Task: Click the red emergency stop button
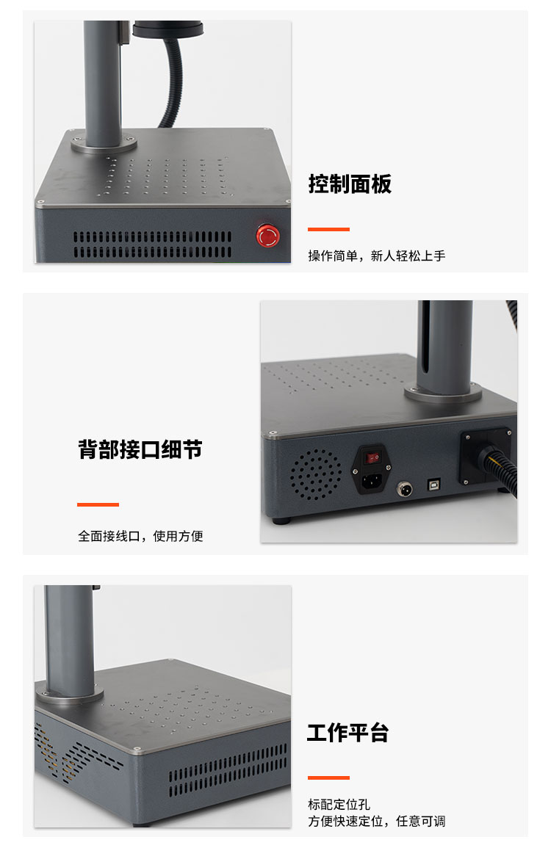pyautogui.click(x=268, y=236)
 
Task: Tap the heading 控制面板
pyautogui.click(x=350, y=184)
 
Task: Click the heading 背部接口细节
pyautogui.click(x=140, y=449)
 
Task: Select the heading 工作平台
pyautogui.click(x=348, y=733)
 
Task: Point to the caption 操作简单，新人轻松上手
pyautogui.click(x=377, y=256)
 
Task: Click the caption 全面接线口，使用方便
pyautogui.click(x=140, y=536)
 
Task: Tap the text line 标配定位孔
pyautogui.click(x=339, y=804)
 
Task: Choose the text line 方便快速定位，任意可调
pyautogui.click(x=377, y=821)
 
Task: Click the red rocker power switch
pyautogui.click(x=372, y=458)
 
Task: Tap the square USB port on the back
pyautogui.click(x=434, y=484)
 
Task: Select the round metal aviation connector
pyautogui.click(x=404, y=490)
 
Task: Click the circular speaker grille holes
pyautogui.click(x=316, y=474)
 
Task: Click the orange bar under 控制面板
pyautogui.click(x=328, y=229)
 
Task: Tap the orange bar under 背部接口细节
pyautogui.click(x=98, y=504)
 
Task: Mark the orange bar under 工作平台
pyautogui.click(x=328, y=778)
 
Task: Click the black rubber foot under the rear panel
pyautogui.click(x=281, y=521)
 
